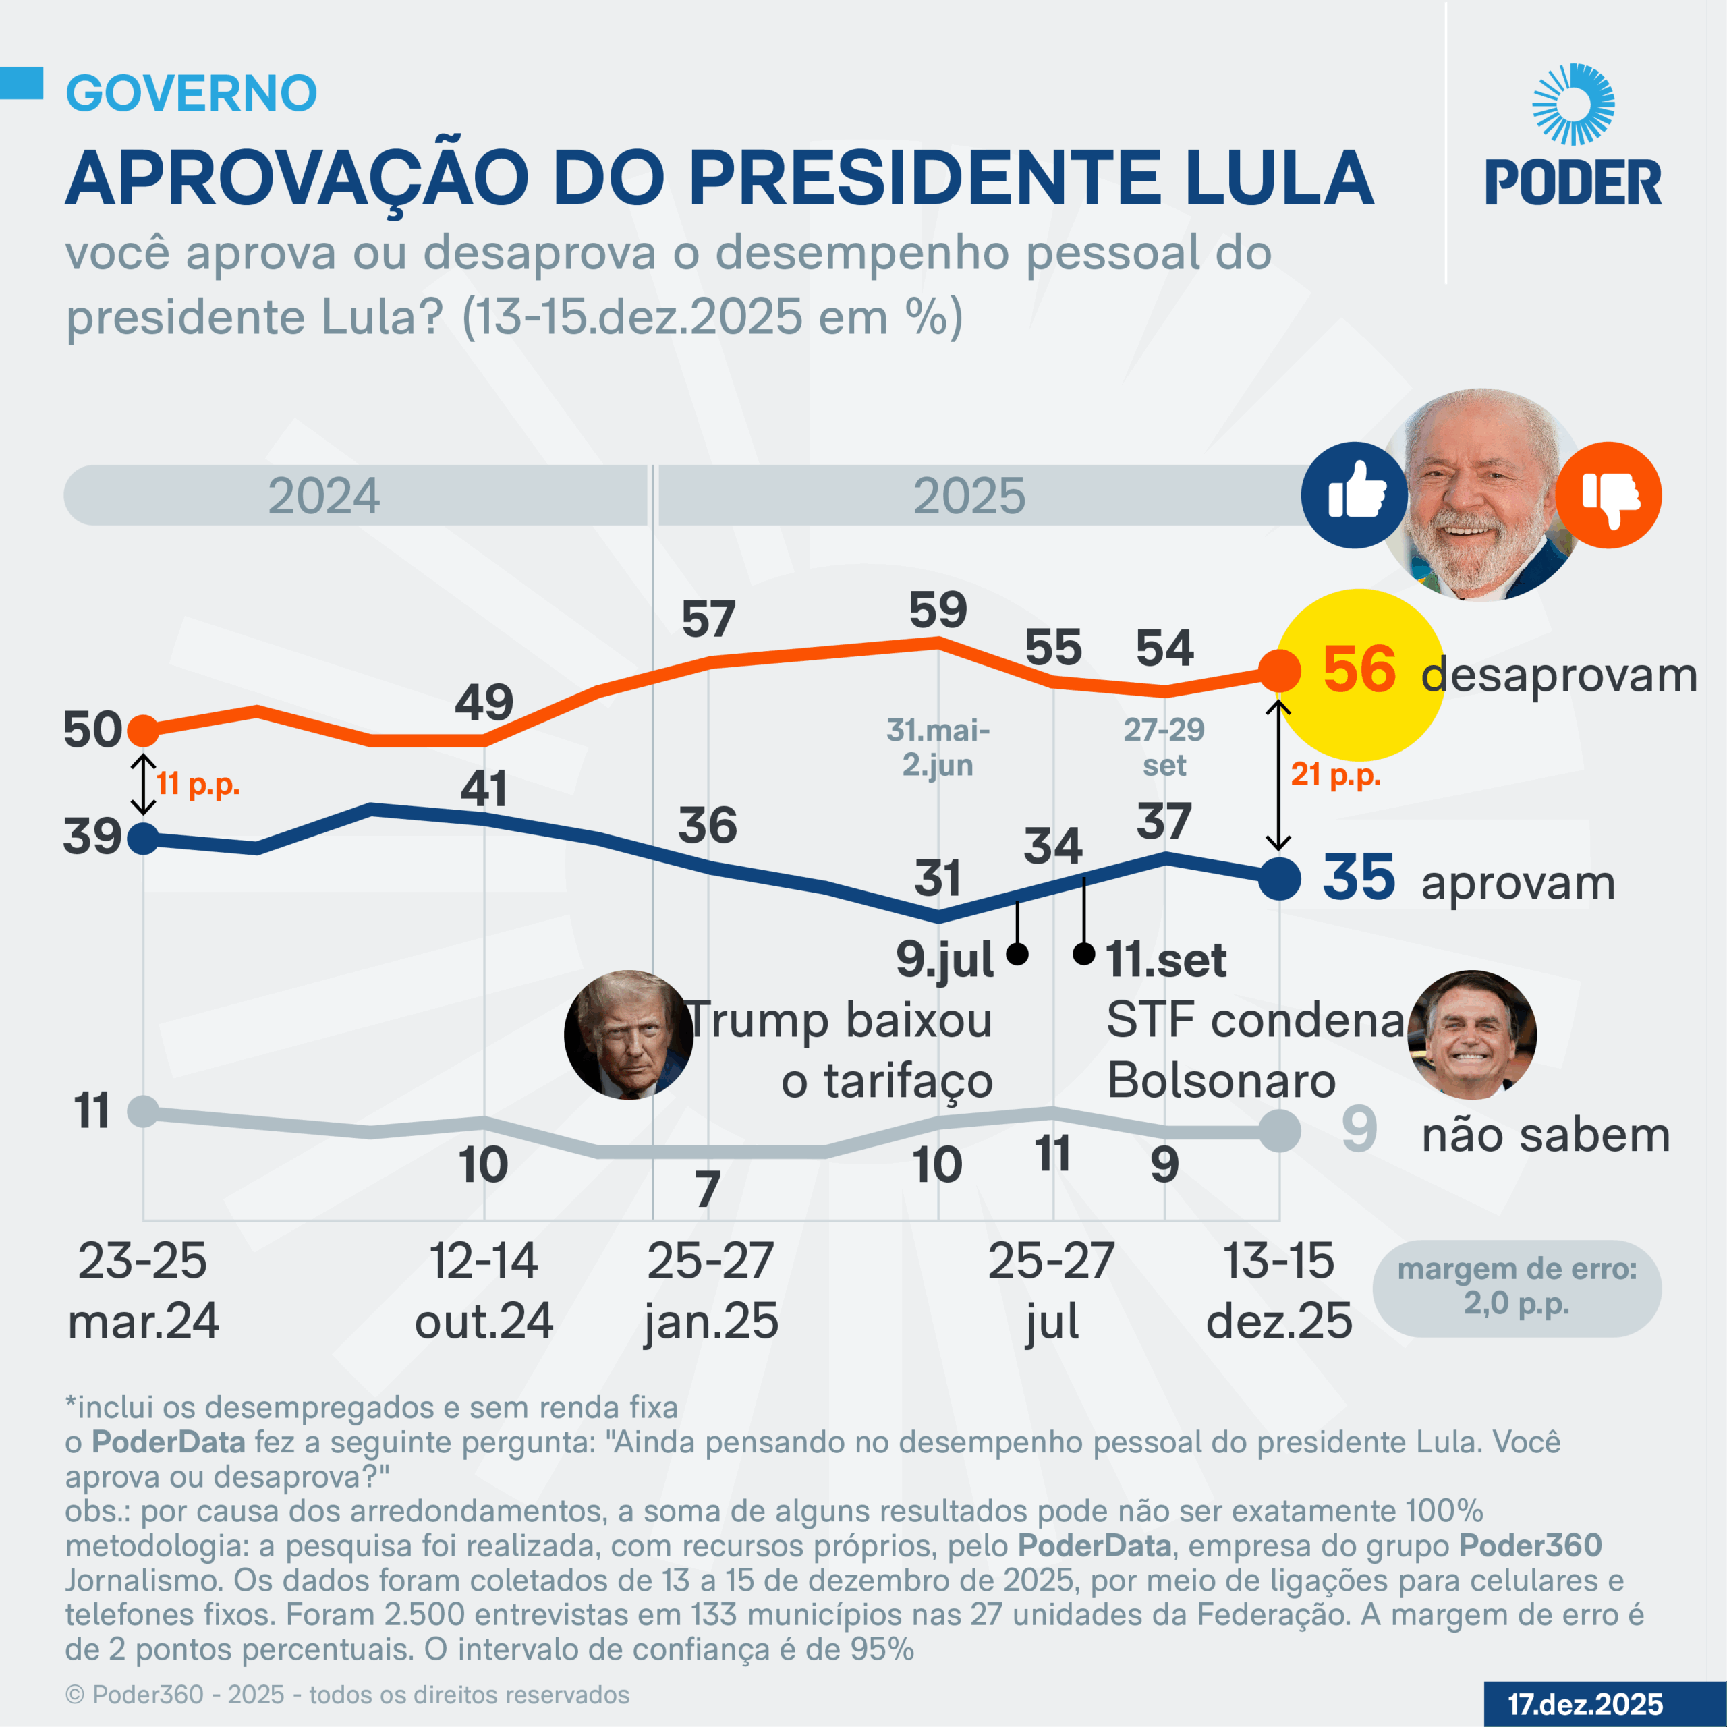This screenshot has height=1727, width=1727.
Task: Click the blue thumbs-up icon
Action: (1354, 494)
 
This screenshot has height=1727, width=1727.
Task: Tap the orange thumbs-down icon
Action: (1608, 494)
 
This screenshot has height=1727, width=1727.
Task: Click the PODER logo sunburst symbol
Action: (1573, 104)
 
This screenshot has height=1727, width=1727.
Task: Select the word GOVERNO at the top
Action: (192, 93)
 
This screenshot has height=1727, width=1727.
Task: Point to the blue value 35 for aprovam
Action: (1359, 877)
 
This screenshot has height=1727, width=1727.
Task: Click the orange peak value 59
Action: (938, 610)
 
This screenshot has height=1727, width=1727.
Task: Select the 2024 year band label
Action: (324, 495)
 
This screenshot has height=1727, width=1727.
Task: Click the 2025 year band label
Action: (969, 495)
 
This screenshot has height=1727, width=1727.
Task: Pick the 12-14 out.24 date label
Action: (484, 1291)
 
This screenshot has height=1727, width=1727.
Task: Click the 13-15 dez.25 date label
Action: (1278, 1291)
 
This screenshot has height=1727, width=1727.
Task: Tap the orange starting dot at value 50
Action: (143, 731)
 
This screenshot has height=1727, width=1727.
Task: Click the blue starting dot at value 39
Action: (143, 839)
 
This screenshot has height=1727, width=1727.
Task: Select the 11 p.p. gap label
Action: (198, 784)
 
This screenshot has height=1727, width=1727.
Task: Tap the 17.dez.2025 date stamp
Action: (1585, 1704)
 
